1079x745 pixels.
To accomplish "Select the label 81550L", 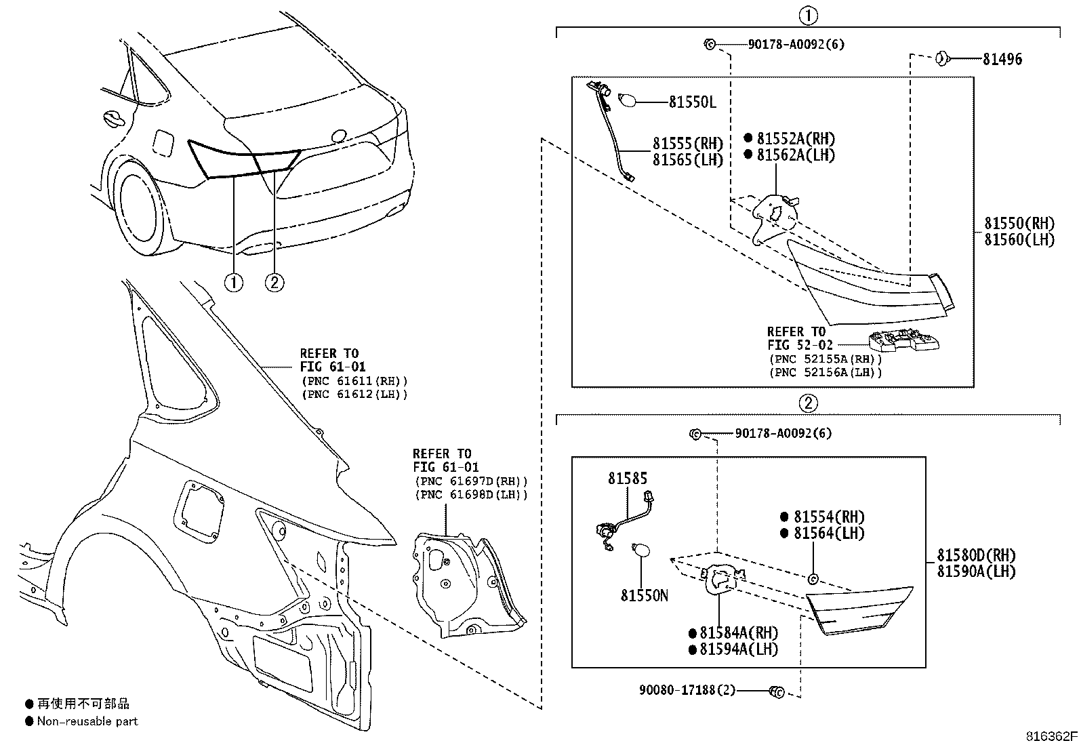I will (692, 102).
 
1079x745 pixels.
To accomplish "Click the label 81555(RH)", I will (687, 144).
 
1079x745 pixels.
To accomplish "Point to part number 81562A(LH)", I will (795, 155).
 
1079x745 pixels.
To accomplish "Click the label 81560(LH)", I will (1019, 239).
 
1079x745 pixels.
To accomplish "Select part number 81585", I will (628, 479).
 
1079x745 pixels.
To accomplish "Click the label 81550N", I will (644, 595).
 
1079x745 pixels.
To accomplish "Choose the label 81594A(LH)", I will (739, 649).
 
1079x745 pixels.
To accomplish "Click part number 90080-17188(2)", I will (686, 691).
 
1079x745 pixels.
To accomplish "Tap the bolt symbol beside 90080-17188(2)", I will (776, 691).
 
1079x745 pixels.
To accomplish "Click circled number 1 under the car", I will (233, 281).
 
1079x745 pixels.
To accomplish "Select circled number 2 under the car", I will (274, 281).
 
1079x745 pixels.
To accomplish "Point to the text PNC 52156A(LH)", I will (825, 372).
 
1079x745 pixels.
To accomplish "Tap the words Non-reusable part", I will (87, 721).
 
